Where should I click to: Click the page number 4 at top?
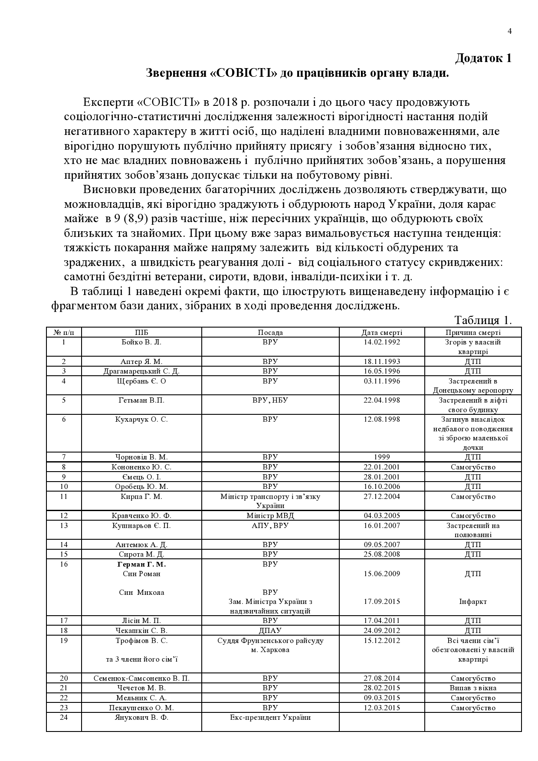pos(509,31)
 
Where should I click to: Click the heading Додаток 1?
pos(483,58)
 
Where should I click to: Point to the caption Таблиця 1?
pos(483,320)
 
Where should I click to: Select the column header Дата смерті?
pos(382,332)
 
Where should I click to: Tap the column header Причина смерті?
pos(473,332)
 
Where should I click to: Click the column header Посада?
pos(270,332)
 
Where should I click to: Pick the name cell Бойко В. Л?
pos(141,342)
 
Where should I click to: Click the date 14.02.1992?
pos(382,342)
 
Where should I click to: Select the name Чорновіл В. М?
pos(141,457)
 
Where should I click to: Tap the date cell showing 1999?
pos(382,457)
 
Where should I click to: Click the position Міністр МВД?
pos(270,515)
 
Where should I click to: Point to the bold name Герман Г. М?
pos(141,564)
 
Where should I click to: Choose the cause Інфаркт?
pos(473,601)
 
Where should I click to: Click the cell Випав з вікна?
pos(473,688)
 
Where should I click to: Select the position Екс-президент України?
pos(270,717)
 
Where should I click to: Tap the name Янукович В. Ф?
pos(141,717)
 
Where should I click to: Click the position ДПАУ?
pos(270,630)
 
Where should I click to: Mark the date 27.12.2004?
pos(382,496)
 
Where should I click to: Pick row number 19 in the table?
pos(64,640)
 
